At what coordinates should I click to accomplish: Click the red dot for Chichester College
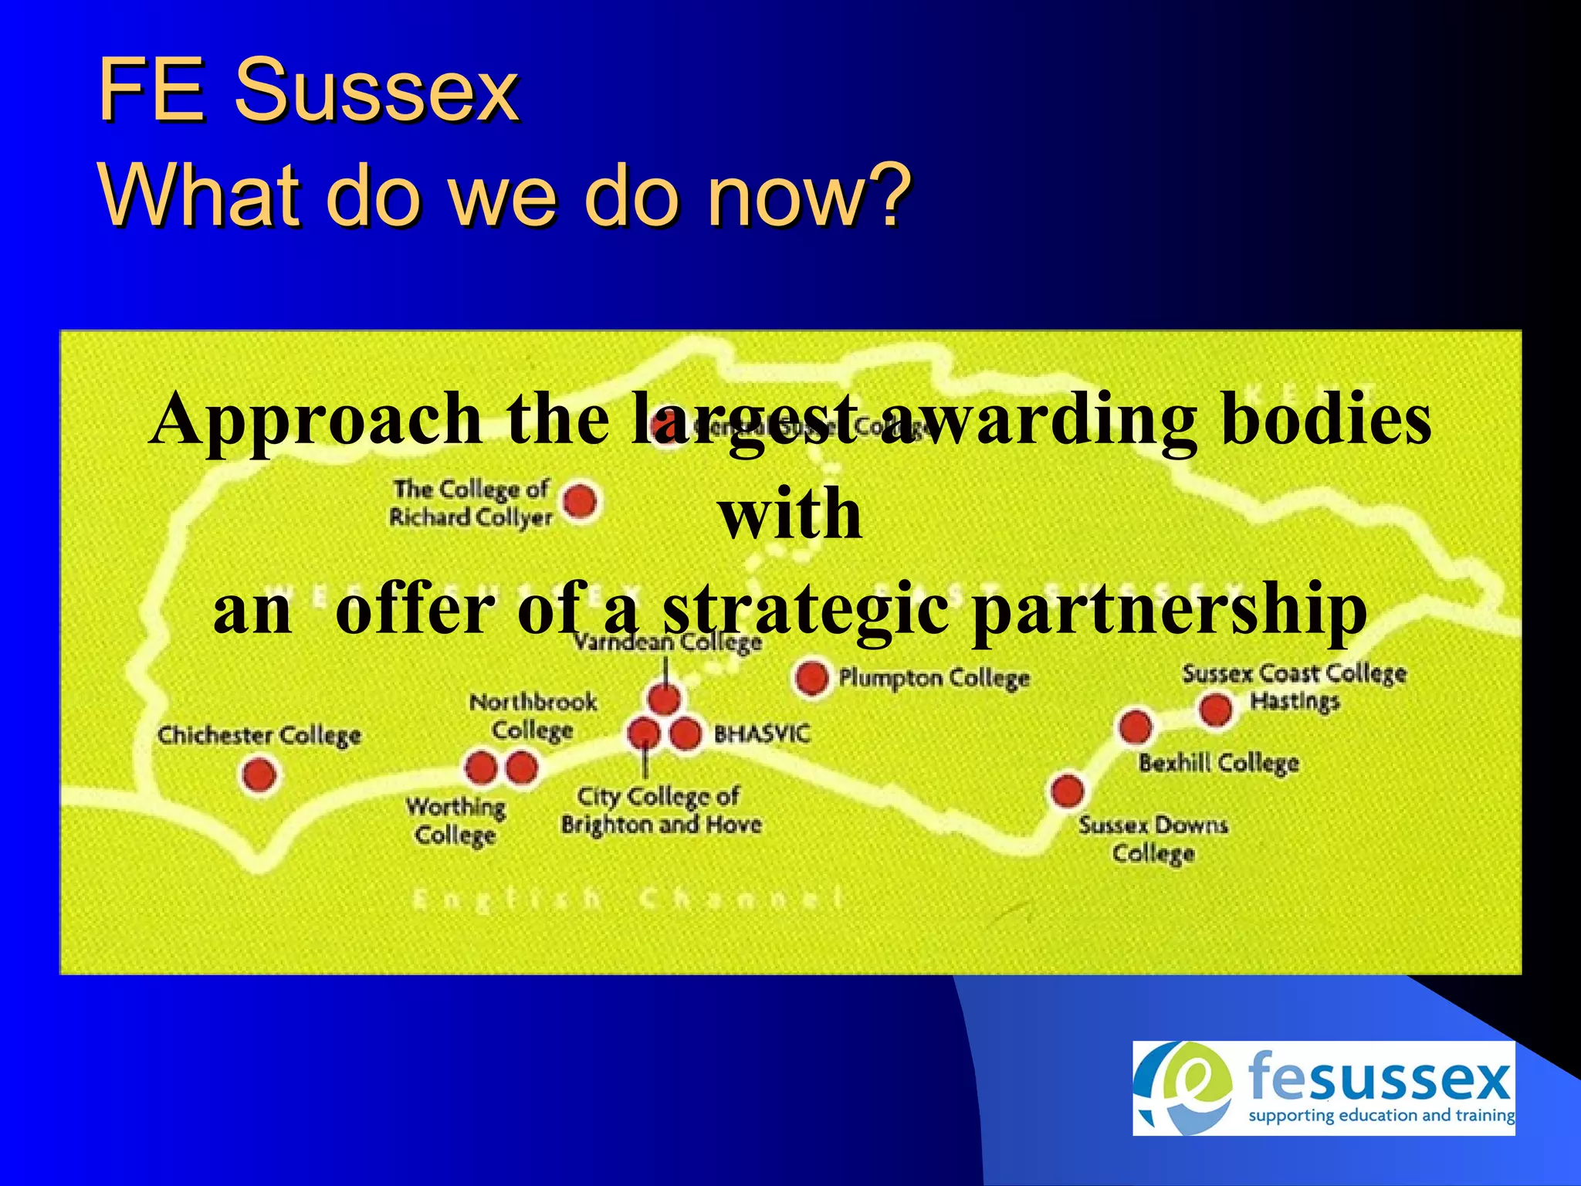click(259, 774)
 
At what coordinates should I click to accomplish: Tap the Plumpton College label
click(934, 678)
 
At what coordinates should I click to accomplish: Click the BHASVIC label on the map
click(762, 734)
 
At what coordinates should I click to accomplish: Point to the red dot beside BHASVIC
click(685, 734)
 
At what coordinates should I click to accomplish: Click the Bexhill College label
click(1218, 764)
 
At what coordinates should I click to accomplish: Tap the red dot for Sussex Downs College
click(1067, 790)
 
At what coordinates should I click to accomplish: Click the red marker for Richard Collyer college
click(580, 502)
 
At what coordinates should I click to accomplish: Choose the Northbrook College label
click(533, 716)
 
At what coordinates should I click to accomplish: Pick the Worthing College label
click(455, 821)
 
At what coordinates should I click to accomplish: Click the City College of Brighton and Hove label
click(661, 810)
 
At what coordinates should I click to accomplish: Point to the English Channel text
click(627, 899)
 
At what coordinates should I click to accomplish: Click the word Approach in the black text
click(315, 419)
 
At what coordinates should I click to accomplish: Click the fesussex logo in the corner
click(1323, 1088)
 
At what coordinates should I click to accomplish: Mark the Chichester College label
click(259, 735)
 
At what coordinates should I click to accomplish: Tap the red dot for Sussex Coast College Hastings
click(1217, 709)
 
